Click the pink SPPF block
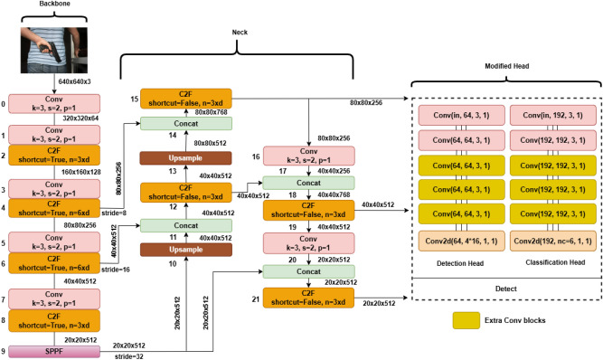(56, 350)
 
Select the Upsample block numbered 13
(184, 158)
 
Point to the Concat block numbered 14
(184, 124)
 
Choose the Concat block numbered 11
(184, 225)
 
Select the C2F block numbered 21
(308, 298)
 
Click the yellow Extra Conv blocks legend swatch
(468, 321)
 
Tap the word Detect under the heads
(506, 289)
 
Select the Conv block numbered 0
(56, 106)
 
